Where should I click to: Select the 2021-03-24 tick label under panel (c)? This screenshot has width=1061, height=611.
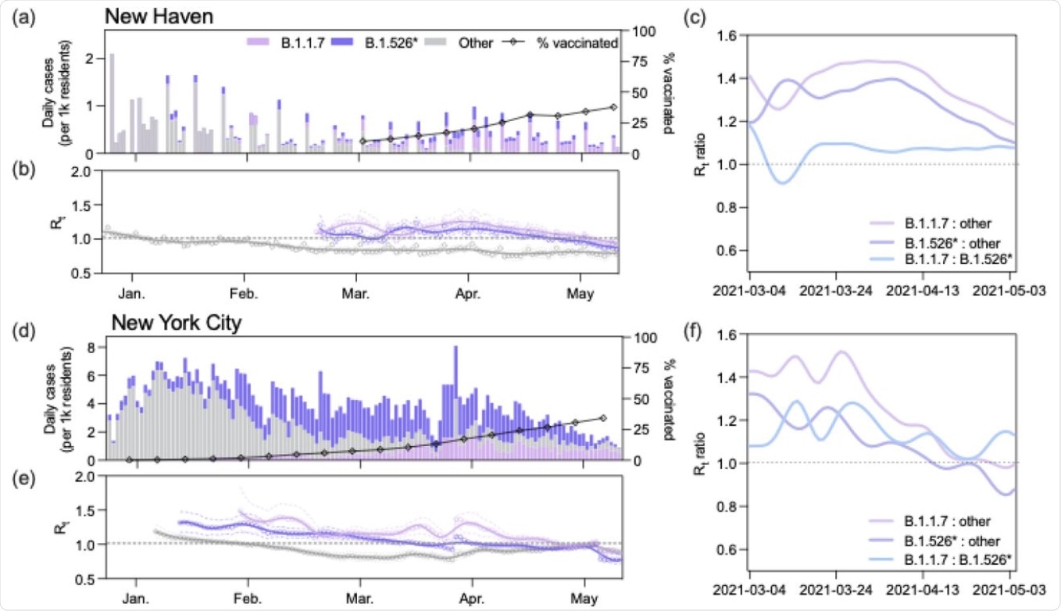click(836, 288)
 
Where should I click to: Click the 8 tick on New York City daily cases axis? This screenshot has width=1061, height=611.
click(94, 346)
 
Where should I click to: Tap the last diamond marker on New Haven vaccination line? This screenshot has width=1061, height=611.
click(613, 107)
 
